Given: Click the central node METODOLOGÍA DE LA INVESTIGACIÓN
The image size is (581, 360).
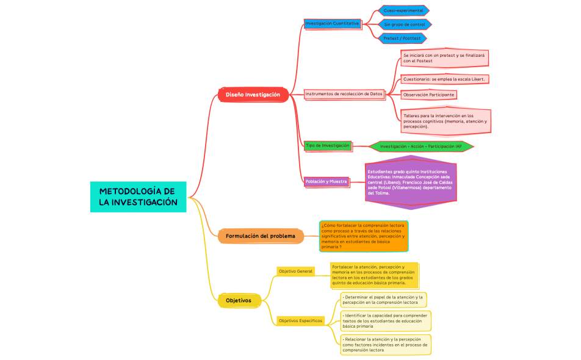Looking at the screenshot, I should tap(138, 197).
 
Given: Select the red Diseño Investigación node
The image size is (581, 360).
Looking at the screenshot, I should tap(253, 95).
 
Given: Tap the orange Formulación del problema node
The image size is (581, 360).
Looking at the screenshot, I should tap(260, 236).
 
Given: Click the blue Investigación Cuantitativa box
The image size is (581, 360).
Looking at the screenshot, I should tap(333, 23).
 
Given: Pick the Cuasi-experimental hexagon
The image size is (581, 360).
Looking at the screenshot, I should tap(403, 10).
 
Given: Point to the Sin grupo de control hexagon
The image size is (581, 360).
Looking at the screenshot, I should tap(405, 24).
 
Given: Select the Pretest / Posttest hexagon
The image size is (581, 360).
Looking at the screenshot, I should tap(402, 38).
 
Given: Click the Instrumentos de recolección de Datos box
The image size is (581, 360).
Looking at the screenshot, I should tap(344, 94).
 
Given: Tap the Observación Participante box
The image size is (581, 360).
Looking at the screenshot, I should tap(428, 95).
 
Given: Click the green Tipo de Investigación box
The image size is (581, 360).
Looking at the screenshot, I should tap(328, 146).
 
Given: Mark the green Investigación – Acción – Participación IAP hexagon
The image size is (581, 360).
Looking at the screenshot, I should tap(420, 146).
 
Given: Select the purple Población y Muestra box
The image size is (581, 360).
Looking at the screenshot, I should tap(327, 181).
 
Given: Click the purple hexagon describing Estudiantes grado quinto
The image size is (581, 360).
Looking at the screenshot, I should tap(410, 182).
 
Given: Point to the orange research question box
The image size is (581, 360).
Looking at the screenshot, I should tap(364, 236).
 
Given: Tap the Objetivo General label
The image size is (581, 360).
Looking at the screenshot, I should tap(295, 271).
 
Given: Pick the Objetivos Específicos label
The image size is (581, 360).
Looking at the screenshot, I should tap(300, 320).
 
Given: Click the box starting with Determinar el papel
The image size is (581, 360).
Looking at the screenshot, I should tap(384, 300).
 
